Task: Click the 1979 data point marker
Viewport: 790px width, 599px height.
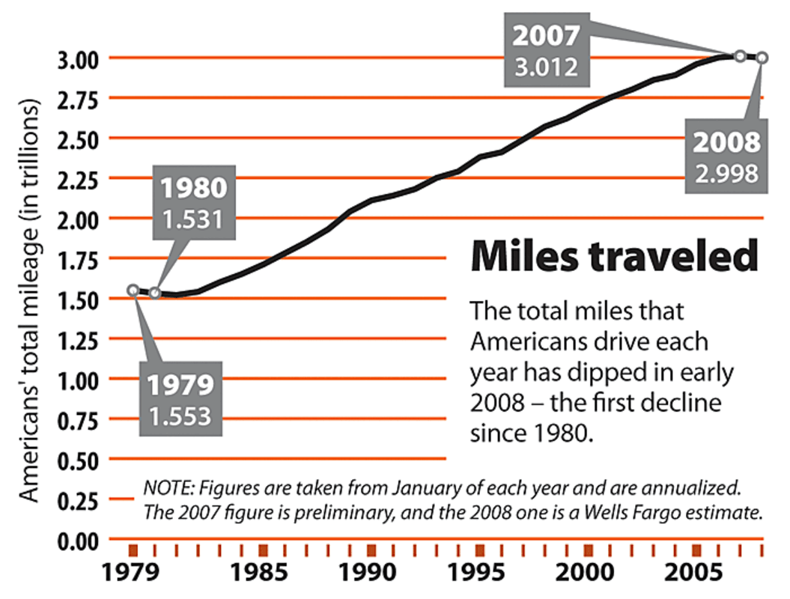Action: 133,290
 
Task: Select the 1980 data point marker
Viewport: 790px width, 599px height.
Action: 155,293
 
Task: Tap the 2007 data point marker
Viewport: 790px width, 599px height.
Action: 739,56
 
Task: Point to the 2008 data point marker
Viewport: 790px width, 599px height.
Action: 762,58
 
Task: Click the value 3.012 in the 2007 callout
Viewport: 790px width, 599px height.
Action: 546,67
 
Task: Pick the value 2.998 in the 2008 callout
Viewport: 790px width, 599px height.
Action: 726,173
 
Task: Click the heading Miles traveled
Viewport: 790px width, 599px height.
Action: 613,258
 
